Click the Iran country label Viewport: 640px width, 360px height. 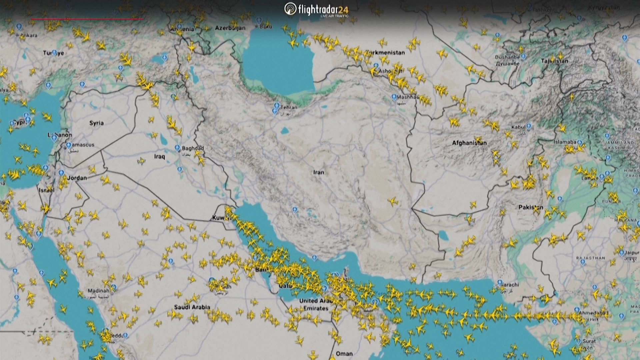(x=318, y=172)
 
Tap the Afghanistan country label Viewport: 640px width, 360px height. (x=469, y=143)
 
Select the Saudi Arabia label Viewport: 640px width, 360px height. (x=192, y=307)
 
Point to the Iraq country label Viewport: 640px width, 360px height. (x=159, y=156)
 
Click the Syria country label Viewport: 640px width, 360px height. (x=96, y=123)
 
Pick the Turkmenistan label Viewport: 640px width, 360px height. (x=385, y=52)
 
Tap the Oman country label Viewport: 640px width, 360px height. (x=344, y=354)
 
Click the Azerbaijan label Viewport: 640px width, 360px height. (x=230, y=28)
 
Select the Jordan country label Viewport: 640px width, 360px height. (x=77, y=178)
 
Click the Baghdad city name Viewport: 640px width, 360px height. (x=193, y=148)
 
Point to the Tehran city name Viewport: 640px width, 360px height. (x=289, y=107)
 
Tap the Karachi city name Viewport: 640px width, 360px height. (x=510, y=285)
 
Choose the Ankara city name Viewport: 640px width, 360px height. (x=29, y=35)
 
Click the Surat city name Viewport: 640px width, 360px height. (x=589, y=341)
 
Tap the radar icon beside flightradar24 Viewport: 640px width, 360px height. (x=290, y=9)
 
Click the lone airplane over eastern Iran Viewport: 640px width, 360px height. (x=393, y=201)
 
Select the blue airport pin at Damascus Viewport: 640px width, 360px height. (x=68, y=145)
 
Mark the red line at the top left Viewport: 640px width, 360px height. (x=87, y=19)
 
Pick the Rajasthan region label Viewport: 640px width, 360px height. (x=590, y=258)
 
